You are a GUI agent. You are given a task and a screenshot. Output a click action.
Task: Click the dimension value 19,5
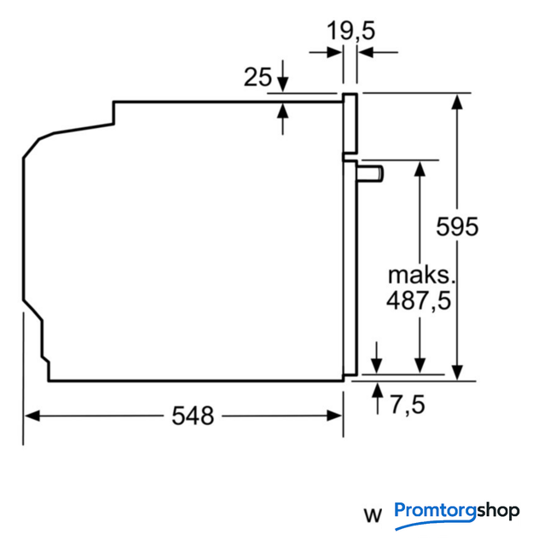point(351,32)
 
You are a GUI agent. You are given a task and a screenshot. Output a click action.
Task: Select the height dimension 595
point(457,228)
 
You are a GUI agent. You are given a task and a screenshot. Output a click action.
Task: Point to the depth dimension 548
point(193,416)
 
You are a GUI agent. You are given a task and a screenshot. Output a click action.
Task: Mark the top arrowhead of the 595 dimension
point(458,100)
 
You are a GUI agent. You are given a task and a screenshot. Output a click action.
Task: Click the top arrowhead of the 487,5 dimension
point(420,166)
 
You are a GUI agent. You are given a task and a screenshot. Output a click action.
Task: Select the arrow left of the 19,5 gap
point(334,53)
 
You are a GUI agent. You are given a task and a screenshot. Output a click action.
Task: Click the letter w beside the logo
point(372,515)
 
